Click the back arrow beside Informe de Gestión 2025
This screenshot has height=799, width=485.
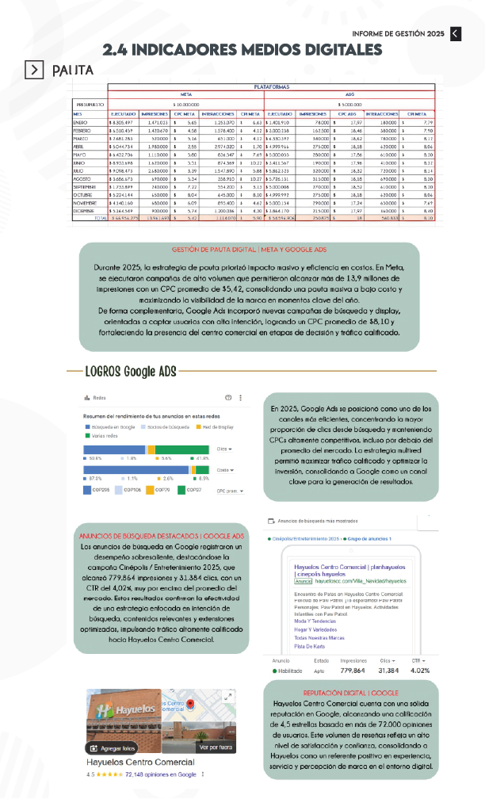[456, 32]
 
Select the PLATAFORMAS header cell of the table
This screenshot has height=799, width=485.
[271, 85]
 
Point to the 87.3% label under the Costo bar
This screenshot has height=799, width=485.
[95, 479]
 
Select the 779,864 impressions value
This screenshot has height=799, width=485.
[353, 691]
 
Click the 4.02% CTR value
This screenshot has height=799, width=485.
[419, 691]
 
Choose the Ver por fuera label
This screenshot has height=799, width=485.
[215, 747]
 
